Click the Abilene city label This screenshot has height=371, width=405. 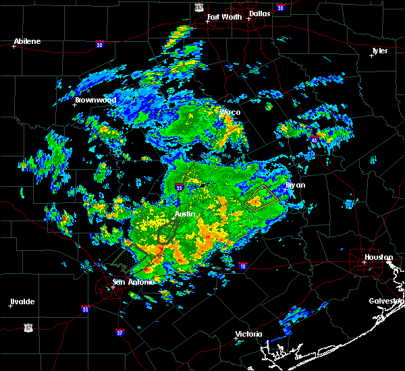[x=28, y=41]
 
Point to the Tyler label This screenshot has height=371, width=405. [x=379, y=51]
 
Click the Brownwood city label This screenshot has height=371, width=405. [x=96, y=100]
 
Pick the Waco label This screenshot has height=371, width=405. [x=230, y=112]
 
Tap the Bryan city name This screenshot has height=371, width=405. [x=295, y=185]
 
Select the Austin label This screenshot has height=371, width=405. [x=185, y=214]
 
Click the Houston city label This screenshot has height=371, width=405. [x=379, y=257]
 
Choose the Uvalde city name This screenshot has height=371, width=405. [x=22, y=302]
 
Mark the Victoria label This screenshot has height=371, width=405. [x=248, y=335]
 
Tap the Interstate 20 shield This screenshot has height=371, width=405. [x=99, y=45]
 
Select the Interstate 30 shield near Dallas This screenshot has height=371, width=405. [x=279, y=7]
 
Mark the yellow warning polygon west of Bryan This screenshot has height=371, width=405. [x=259, y=197]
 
